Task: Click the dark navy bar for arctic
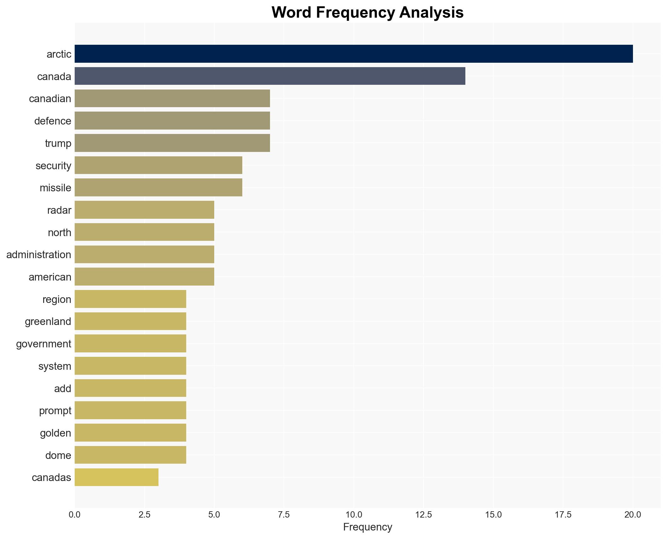[x=354, y=54]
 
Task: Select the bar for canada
[x=270, y=76]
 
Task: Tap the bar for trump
[x=172, y=143]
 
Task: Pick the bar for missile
[x=158, y=188]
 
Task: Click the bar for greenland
[x=130, y=321]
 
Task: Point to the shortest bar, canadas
[x=116, y=477]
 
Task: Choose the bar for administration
[x=144, y=254]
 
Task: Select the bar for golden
[x=130, y=432]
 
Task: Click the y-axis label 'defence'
[x=53, y=121]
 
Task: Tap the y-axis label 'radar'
[x=59, y=210]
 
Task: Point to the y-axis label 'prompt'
[x=55, y=411]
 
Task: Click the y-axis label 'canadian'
[x=50, y=99]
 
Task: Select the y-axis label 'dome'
[x=58, y=455]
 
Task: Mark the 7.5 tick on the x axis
[x=284, y=515]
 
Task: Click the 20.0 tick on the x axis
[x=633, y=515]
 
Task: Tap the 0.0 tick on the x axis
[x=74, y=515]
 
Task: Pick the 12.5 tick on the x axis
[x=423, y=515]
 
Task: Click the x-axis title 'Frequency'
[x=367, y=527]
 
